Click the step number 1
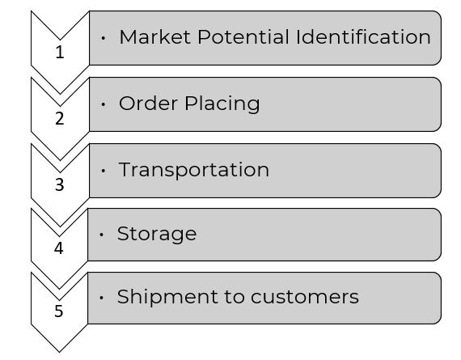click(x=60, y=53)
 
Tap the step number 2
click(x=60, y=119)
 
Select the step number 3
click(x=60, y=184)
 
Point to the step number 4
click(x=59, y=248)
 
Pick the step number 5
click(x=59, y=311)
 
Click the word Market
click(x=154, y=37)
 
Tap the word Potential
click(x=243, y=37)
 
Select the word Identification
click(x=363, y=37)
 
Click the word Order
click(x=148, y=104)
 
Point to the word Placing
click(x=222, y=104)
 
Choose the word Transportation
click(x=194, y=170)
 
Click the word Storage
click(x=157, y=234)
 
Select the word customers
click(x=305, y=297)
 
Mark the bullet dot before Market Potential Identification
click(x=103, y=38)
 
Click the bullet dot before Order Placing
click(x=103, y=104)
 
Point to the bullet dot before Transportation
click(x=103, y=171)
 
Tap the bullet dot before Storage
click(x=101, y=235)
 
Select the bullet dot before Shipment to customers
click(x=101, y=298)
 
